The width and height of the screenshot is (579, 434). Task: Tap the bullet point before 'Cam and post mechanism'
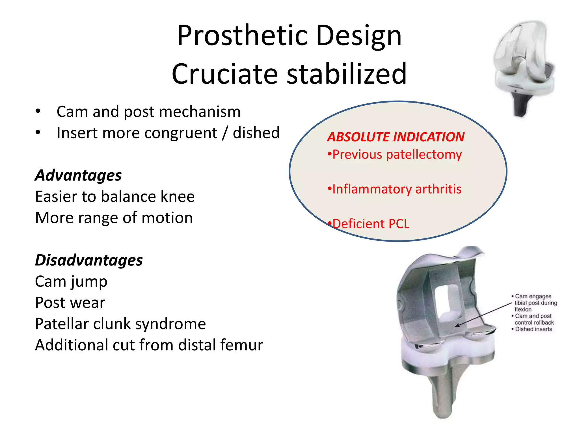pyautogui.click(x=38, y=111)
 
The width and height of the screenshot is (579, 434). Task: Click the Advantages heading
pyautogui.click(x=78, y=175)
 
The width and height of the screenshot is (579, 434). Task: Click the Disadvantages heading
pyautogui.click(x=89, y=260)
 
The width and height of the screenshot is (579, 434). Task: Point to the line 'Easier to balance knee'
pyautogui.click(x=115, y=197)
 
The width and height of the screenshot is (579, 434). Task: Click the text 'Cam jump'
pyautogui.click(x=71, y=282)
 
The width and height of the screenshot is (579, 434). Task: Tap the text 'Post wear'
pyautogui.click(x=70, y=303)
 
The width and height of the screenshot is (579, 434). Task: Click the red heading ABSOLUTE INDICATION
pyautogui.click(x=396, y=137)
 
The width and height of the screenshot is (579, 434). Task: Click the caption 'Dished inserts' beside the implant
pyautogui.click(x=533, y=329)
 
